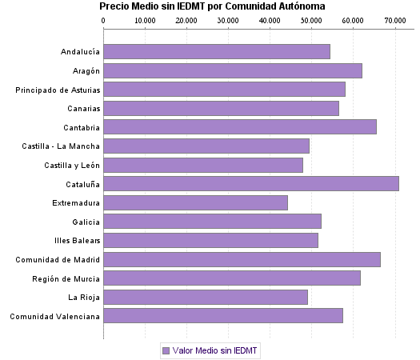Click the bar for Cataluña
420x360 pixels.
click(251, 184)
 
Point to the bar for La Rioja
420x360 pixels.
click(206, 297)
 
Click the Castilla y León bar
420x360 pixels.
click(203, 165)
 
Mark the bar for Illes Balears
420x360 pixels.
click(210, 240)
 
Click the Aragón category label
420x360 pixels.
click(82, 70)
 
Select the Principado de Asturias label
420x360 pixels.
click(58, 90)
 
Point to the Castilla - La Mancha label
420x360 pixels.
click(61, 146)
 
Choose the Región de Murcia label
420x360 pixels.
click(66, 278)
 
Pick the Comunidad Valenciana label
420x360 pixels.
click(54, 316)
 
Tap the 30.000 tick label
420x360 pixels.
click(228, 20)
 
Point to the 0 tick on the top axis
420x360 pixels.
click(103, 20)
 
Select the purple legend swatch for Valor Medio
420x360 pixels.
click(166, 350)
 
